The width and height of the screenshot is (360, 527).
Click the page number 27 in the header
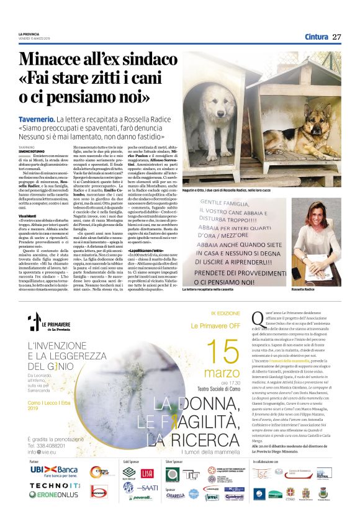click(337, 37)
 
